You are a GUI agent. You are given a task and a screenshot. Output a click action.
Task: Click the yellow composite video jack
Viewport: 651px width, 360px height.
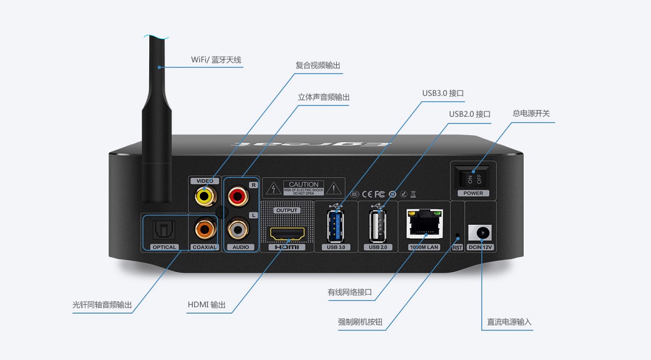click(x=203, y=196)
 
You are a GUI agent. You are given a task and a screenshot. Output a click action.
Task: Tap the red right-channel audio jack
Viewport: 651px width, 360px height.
click(x=237, y=197)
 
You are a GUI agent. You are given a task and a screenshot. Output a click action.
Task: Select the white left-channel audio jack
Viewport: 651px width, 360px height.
click(x=237, y=229)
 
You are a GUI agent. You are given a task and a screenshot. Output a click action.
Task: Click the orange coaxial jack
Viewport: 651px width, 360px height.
click(x=203, y=229)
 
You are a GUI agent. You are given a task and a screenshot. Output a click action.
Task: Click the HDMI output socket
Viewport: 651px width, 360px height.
click(x=287, y=233)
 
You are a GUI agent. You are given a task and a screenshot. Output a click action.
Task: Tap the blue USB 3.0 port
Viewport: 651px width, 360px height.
click(x=336, y=226)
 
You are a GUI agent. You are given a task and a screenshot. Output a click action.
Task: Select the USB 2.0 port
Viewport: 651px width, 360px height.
click(x=378, y=226)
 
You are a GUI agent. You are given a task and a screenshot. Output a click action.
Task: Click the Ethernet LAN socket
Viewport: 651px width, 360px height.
click(x=424, y=225)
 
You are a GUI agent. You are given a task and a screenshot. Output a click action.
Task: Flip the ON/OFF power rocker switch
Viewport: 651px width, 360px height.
click(x=474, y=178)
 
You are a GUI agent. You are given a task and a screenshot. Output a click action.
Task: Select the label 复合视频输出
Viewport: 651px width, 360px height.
click(x=318, y=65)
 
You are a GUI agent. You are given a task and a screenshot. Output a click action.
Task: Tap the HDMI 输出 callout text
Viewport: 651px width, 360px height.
click(x=207, y=305)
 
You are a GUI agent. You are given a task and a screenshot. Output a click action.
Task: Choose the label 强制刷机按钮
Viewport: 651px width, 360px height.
click(x=360, y=322)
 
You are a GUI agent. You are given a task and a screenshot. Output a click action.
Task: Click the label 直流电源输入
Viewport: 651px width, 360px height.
click(x=509, y=322)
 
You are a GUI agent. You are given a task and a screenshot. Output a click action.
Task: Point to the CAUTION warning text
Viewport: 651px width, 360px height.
click(x=304, y=184)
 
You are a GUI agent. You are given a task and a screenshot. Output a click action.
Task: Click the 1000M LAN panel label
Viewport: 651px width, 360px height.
click(x=425, y=247)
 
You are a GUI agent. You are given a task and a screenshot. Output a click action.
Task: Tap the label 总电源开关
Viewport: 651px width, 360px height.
click(x=530, y=113)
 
